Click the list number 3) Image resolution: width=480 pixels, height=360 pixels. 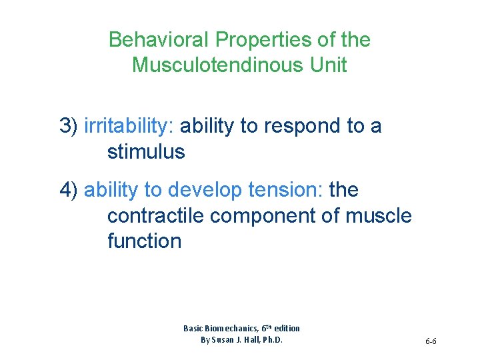coord(69,126)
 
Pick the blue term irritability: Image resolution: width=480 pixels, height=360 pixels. coord(129,126)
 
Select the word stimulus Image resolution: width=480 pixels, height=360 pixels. coord(146,152)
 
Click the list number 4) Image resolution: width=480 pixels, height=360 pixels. coord(69,190)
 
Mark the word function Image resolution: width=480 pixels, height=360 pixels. coord(144,241)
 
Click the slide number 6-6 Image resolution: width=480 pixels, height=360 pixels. coord(430,341)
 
